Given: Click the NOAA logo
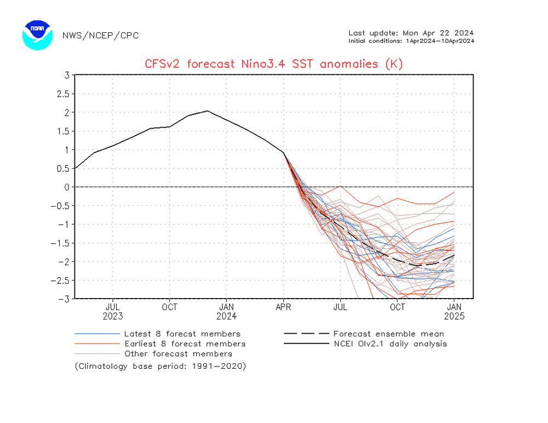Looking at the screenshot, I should (37, 35).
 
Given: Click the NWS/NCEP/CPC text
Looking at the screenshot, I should (100, 36).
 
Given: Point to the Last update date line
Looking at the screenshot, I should (411, 32).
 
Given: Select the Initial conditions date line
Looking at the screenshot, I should (411, 41).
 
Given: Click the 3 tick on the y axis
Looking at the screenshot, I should (66, 75).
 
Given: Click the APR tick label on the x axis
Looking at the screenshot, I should (283, 307).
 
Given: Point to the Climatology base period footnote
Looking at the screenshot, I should (161, 365).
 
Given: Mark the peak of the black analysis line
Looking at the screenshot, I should (207, 111).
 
